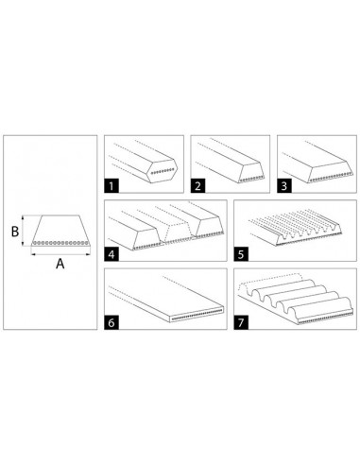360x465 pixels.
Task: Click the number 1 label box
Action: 112,185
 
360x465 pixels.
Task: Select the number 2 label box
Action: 200,185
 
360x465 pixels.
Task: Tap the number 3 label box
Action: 284,185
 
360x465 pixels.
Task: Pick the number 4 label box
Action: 112,253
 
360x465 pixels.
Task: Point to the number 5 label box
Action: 242,253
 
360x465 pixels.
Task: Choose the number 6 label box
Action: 112,322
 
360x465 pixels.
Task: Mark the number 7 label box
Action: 242,322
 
